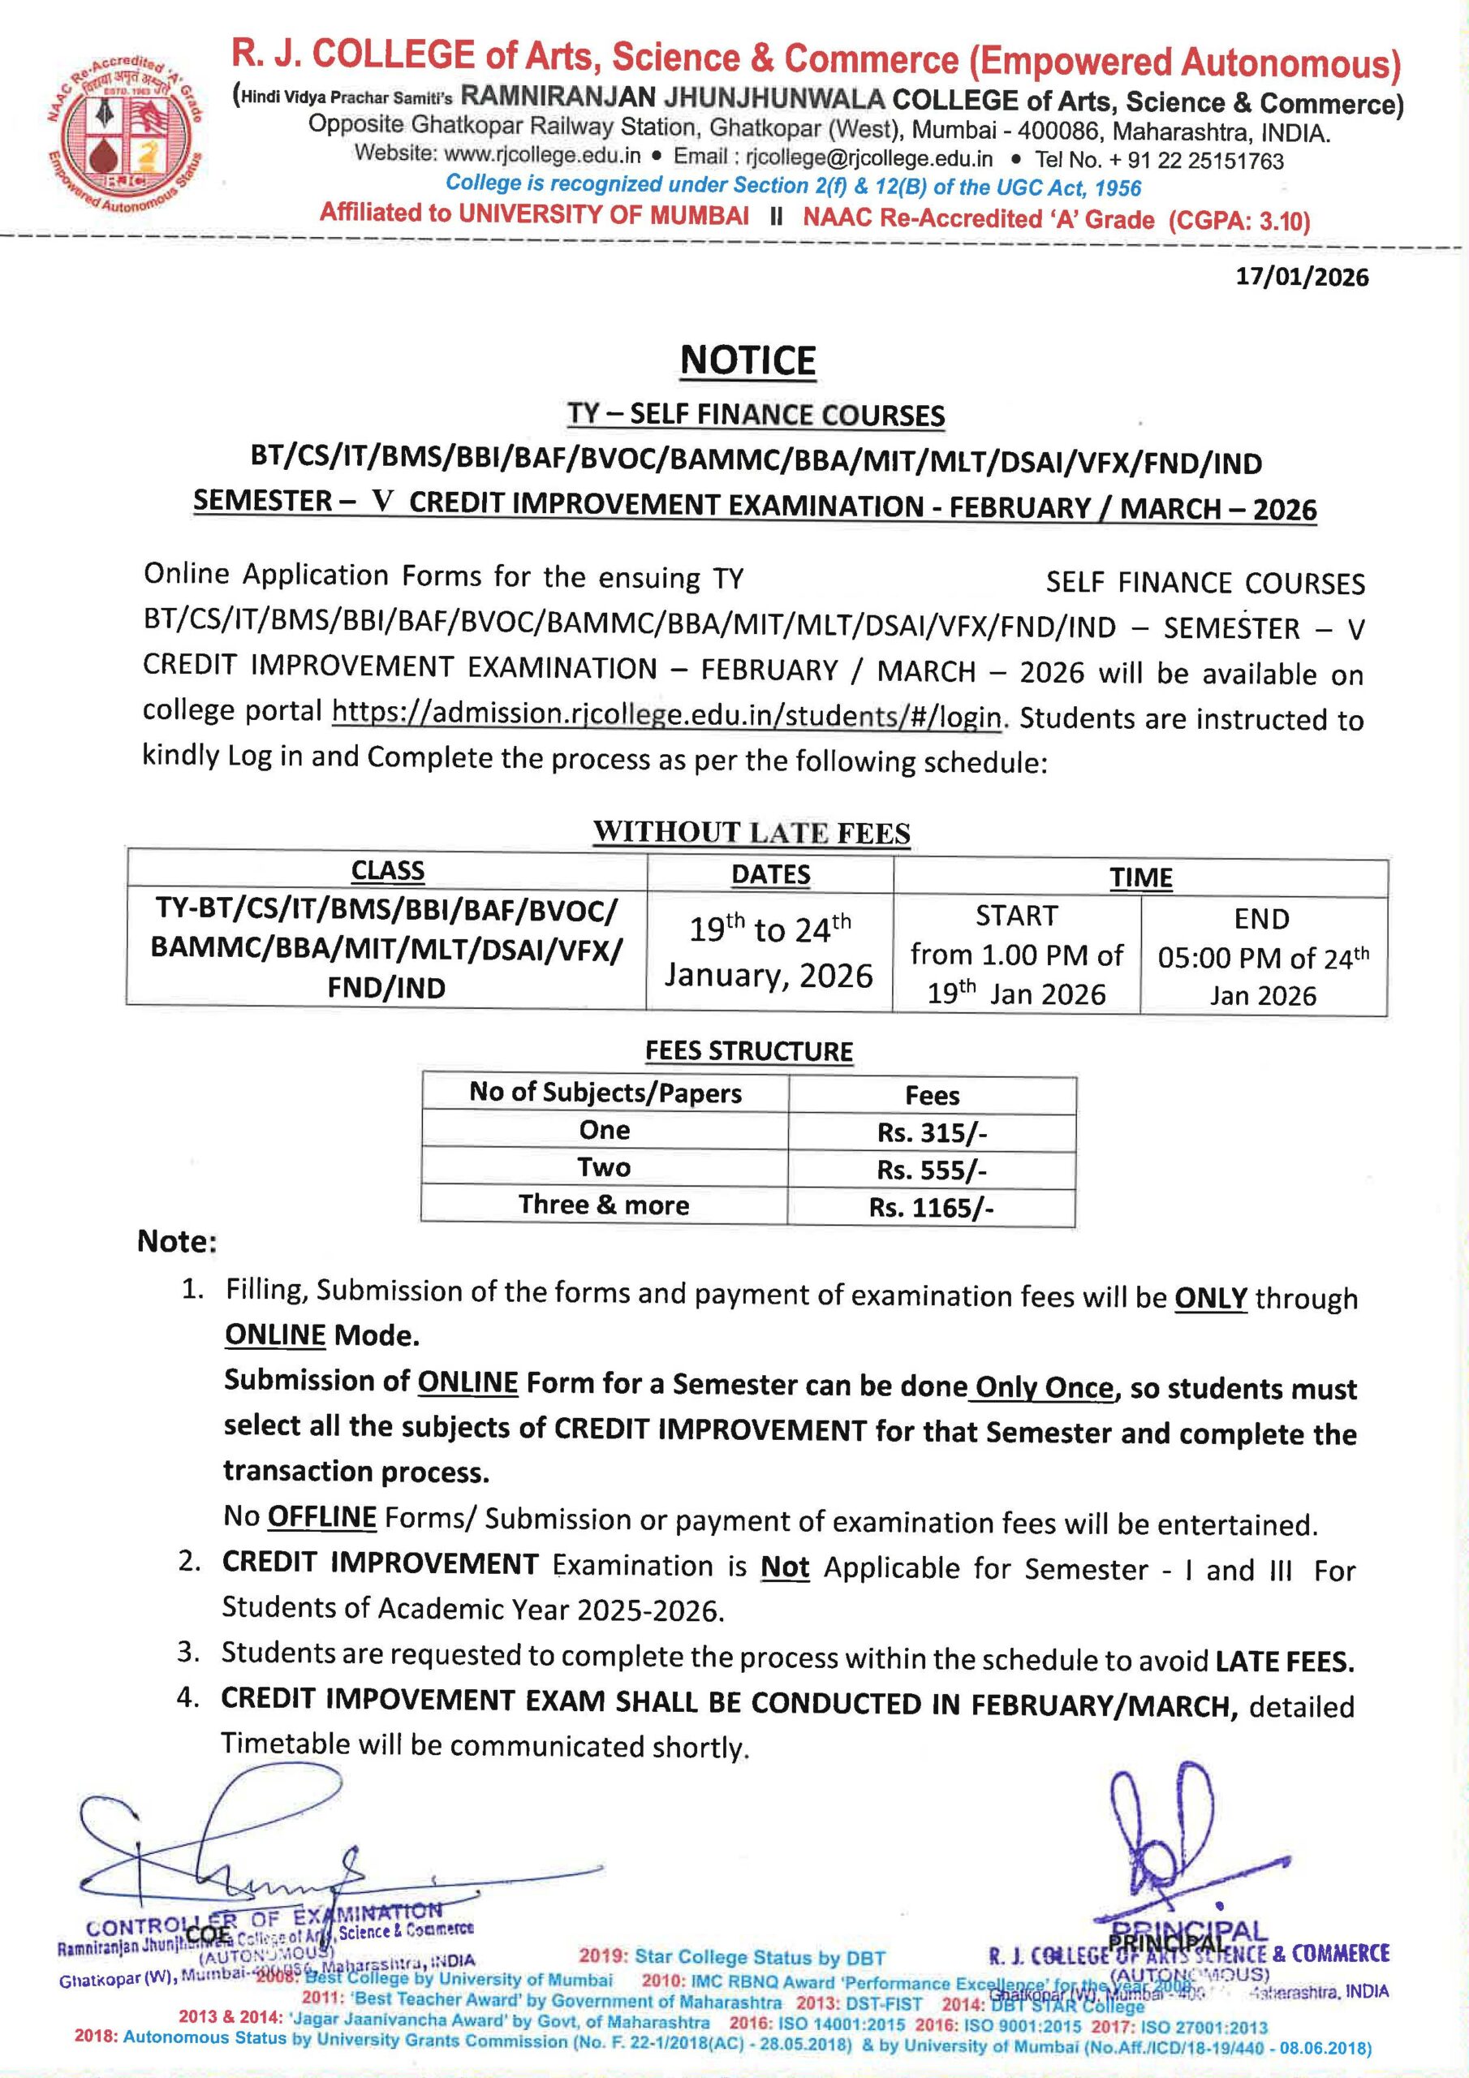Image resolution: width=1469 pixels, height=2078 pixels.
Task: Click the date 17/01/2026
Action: click(1303, 277)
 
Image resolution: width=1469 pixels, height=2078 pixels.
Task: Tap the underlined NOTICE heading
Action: click(747, 360)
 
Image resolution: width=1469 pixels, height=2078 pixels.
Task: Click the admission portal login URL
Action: click(667, 714)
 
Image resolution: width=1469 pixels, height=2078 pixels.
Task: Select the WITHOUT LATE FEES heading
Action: click(752, 832)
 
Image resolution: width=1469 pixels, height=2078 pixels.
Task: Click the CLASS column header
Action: click(387, 871)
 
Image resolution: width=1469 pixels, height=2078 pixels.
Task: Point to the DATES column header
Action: click(770, 874)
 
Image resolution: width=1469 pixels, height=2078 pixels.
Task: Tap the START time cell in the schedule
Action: click(1016, 955)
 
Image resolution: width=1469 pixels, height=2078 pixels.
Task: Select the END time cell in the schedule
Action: click(1263, 958)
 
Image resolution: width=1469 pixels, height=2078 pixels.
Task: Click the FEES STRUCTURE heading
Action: click(748, 1050)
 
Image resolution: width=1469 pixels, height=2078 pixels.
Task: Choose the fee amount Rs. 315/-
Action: click(932, 1133)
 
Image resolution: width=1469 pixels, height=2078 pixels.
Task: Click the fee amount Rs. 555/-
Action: click(932, 1170)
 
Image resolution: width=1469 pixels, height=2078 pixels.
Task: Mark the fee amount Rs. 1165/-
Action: click(932, 1207)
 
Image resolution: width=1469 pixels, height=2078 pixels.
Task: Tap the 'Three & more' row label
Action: click(604, 1205)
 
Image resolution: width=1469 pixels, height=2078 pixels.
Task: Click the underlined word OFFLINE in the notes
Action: click(321, 1516)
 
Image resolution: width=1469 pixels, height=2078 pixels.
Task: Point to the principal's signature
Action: click(1169, 1837)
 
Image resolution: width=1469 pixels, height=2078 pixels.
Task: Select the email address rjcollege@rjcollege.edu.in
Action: click(869, 158)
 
